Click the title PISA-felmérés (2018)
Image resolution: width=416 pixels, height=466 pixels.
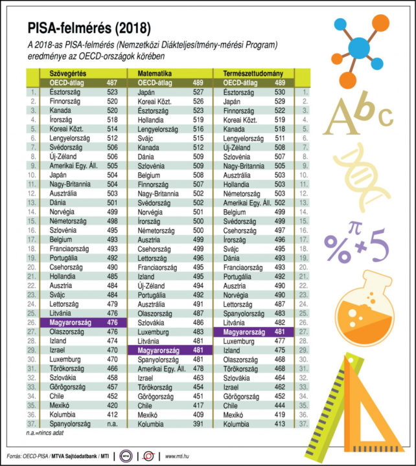89,28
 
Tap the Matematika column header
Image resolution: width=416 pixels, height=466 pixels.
154,74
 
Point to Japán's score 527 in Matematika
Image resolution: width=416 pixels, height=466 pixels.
198,93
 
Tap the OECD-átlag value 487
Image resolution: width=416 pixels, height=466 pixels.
111,83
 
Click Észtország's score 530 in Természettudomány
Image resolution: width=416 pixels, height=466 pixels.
279,93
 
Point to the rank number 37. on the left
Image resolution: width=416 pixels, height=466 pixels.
32,424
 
